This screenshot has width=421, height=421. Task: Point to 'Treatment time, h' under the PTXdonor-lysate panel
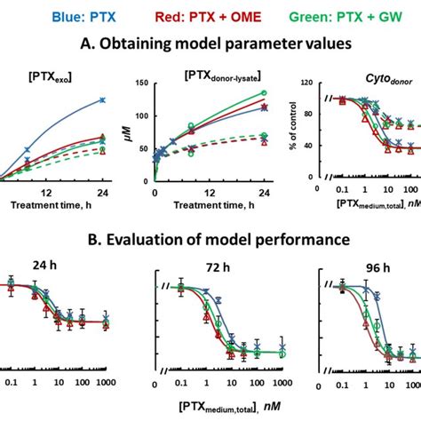(x=210, y=206)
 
